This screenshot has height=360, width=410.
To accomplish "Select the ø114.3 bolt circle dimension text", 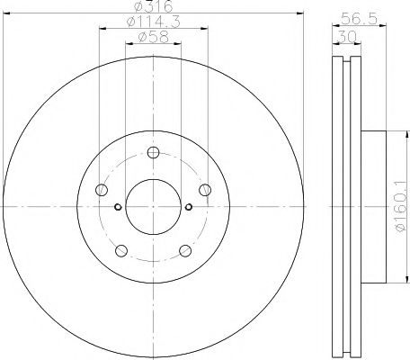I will point(150,23).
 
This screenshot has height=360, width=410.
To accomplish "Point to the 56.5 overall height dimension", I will point(361,15).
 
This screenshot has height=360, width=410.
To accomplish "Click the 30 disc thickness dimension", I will point(345,37).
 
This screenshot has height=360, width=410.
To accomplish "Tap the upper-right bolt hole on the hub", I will point(205,188).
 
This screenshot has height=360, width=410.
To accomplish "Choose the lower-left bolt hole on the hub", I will point(120,250).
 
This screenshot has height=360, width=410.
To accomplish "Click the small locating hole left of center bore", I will point(117,208).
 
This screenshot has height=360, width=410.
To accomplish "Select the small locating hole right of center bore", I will point(188,208).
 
